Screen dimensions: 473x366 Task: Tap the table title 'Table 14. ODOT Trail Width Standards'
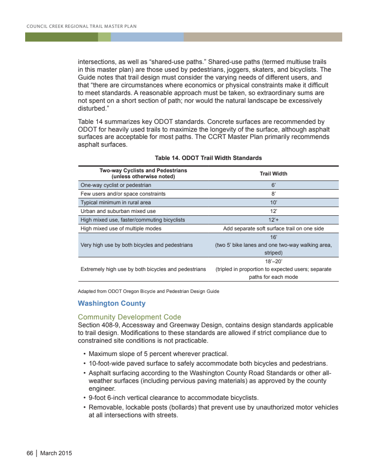point(208,158)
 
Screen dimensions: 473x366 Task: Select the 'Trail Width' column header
point(273,174)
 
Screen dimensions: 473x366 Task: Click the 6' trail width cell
point(274,186)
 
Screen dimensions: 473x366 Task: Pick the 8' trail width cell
point(274,194)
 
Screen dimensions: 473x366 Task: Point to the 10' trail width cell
point(274,202)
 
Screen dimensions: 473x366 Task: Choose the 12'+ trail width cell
point(274,220)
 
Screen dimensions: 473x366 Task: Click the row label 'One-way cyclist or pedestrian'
point(116,186)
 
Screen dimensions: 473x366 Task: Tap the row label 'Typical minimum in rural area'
point(115,202)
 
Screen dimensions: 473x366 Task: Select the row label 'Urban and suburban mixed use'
point(118,211)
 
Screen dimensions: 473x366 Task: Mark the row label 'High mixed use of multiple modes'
point(121,229)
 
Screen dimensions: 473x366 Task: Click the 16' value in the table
point(274,237)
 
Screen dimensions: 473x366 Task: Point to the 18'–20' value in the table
point(274,261)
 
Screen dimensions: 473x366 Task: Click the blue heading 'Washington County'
point(112,303)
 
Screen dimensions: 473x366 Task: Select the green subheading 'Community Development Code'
point(129,317)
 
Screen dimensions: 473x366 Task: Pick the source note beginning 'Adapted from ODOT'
point(148,292)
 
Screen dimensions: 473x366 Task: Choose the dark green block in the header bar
point(61,37)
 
